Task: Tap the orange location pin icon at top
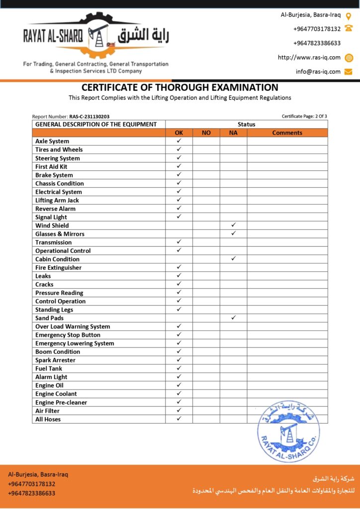tap(349, 15)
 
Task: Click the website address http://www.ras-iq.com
tap(309, 57)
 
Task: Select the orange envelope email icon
tap(349, 72)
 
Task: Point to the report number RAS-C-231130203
tap(90, 116)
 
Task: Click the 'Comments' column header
tap(287, 133)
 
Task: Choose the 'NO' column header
tap(206, 133)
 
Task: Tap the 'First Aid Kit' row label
tap(51, 167)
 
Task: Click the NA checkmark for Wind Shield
tap(233, 225)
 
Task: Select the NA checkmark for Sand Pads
tap(233, 318)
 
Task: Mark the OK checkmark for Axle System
tap(179, 141)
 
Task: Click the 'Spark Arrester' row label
tap(55, 360)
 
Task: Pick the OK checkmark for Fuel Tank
tap(179, 368)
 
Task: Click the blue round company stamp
tap(288, 431)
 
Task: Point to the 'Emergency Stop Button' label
tap(68, 335)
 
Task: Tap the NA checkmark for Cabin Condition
tap(233, 259)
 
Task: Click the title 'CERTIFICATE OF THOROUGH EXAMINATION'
tap(180, 87)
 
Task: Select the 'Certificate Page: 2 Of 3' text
tap(304, 116)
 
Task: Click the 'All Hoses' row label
tap(48, 419)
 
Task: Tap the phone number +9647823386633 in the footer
tap(32, 493)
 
